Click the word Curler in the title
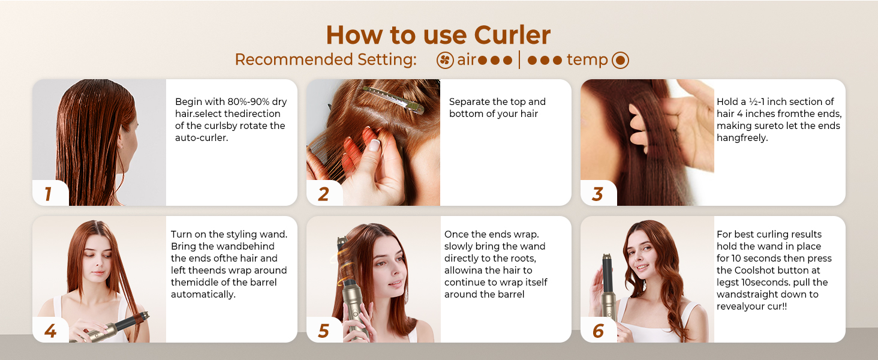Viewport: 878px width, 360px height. (512, 35)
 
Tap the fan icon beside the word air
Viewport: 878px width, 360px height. (445, 61)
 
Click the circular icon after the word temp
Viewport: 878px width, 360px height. (620, 61)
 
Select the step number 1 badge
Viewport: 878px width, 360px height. (49, 194)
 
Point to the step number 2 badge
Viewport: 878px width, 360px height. (323, 194)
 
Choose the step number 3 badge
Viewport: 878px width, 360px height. (597, 194)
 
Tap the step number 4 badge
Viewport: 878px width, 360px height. (50, 331)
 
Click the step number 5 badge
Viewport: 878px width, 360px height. (323, 331)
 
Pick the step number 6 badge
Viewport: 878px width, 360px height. (598, 331)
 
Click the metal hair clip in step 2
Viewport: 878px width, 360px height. (393, 99)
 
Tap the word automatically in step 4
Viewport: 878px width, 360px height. (203, 295)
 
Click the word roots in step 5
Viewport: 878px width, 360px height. (524, 259)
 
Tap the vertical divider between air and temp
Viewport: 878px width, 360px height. (520, 60)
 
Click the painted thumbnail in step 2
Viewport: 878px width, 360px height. (374, 145)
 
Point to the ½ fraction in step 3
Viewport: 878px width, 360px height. (753, 101)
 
